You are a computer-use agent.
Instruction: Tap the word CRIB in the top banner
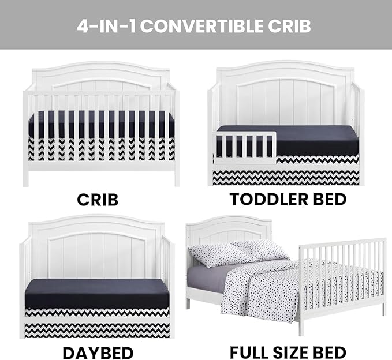[x=289, y=26]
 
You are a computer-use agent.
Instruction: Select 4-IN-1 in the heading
[x=107, y=26]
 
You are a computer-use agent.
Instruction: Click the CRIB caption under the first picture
[x=98, y=200]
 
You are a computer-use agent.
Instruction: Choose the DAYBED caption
[x=98, y=353]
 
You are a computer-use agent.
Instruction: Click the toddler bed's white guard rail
[x=245, y=148]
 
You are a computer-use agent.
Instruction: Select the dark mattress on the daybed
[x=97, y=294]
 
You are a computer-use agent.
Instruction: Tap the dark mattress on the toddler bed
[x=288, y=140]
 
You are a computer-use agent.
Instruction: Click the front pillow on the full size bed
[x=219, y=256]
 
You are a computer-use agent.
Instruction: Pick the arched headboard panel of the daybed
[x=97, y=255]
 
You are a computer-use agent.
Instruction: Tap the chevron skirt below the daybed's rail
[x=97, y=331]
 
